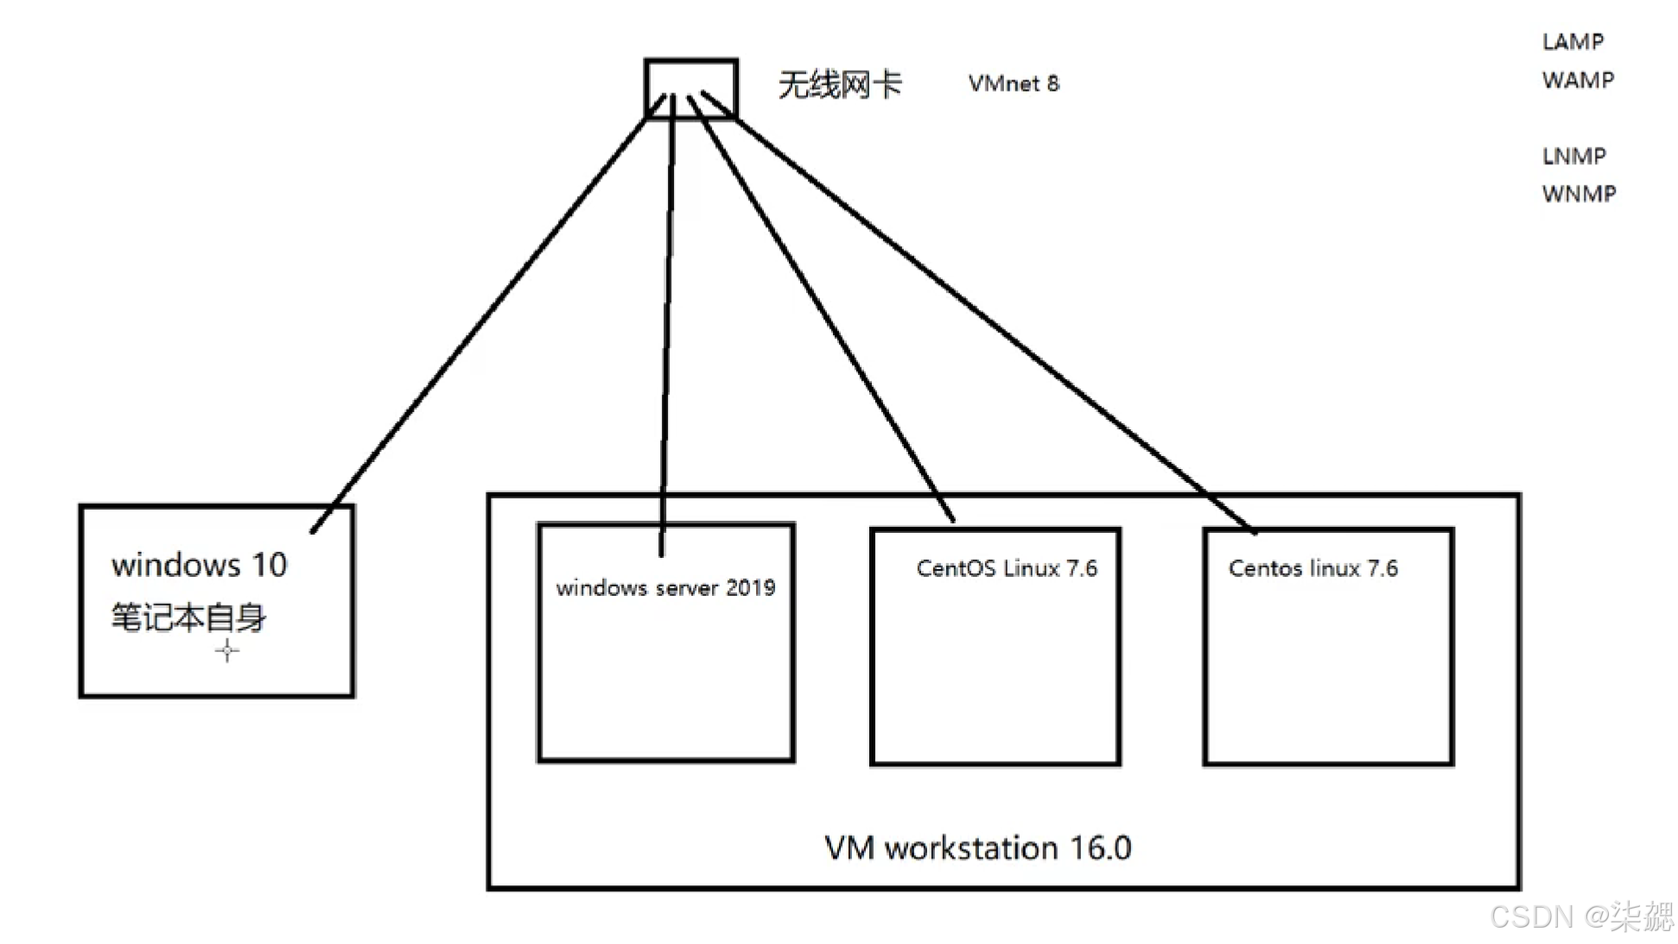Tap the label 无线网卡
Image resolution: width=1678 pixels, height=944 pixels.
[839, 85]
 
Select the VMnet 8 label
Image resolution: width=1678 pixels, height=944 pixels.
[1013, 84]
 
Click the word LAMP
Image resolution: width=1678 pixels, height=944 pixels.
[1573, 41]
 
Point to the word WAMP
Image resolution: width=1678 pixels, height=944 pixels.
[1578, 80]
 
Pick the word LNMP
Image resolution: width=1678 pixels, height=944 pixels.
[1573, 156]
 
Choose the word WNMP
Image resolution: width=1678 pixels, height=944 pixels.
[1579, 193]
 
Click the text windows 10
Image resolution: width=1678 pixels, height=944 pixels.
[199, 565]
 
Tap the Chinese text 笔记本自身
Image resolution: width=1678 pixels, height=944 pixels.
[188, 618]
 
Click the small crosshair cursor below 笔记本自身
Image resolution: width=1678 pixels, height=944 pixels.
[227, 650]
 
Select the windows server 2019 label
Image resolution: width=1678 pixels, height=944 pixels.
[665, 588]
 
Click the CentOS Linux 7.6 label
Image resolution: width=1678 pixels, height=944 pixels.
[1007, 568]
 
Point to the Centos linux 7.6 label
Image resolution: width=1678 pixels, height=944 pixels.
[1313, 568]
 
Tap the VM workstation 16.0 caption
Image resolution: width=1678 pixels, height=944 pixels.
[977, 848]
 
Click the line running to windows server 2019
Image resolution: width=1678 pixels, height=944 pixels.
[667, 328]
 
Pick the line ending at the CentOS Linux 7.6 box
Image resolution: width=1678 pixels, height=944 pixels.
[821, 311]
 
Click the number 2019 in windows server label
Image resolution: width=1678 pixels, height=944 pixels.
[750, 588]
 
